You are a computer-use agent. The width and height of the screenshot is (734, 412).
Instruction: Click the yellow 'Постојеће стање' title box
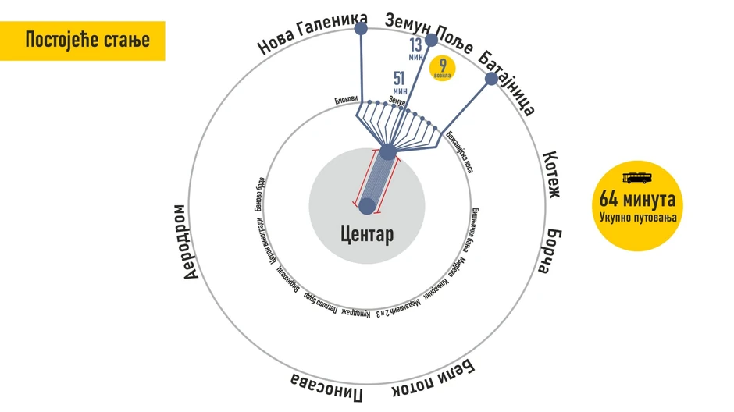[83, 41]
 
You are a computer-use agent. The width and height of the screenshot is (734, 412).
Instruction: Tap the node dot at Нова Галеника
[361, 29]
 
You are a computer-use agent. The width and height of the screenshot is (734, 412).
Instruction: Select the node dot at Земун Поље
[431, 40]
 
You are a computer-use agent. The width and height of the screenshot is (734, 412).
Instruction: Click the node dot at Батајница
[491, 79]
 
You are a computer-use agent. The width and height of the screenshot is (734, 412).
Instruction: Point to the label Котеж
[552, 174]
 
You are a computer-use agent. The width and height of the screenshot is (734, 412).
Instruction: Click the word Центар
[367, 233]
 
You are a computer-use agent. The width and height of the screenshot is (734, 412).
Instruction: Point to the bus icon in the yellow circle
[638, 176]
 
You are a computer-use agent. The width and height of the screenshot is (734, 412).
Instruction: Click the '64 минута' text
[638, 199]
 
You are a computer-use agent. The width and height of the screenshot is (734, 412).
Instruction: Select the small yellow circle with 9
[443, 68]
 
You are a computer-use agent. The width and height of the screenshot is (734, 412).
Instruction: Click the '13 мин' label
[415, 49]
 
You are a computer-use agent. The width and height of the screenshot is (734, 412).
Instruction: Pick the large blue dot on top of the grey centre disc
[387, 151]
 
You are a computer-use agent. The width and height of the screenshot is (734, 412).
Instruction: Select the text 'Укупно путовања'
[638, 216]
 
